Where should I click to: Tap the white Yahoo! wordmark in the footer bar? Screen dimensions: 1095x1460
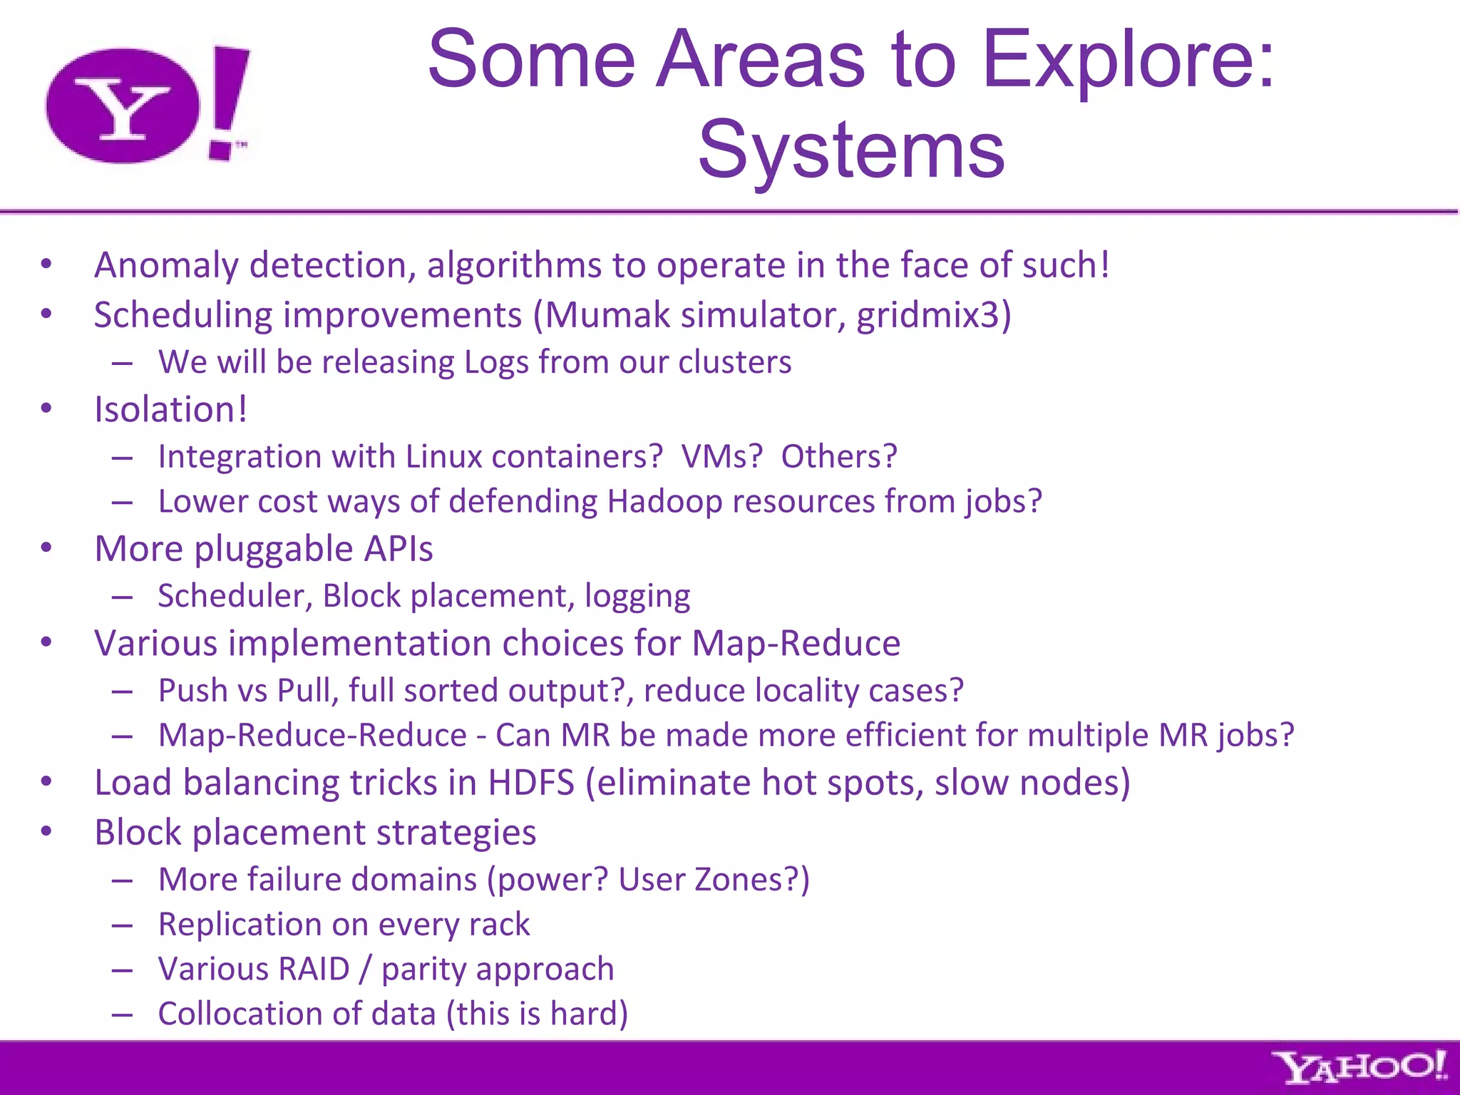pos(1360,1068)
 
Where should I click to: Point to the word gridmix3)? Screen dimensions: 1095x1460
pos(934,316)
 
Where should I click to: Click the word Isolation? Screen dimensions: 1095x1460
pos(171,410)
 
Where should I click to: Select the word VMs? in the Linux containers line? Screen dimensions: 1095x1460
pos(722,456)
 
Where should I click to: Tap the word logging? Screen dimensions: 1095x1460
pos(637,597)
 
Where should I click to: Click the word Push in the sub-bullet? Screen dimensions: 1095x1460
pos(187,690)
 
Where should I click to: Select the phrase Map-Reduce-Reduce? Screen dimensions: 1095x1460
pos(312,735)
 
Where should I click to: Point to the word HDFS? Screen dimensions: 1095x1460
pos(531,783)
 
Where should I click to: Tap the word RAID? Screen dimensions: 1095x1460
pos(314,969)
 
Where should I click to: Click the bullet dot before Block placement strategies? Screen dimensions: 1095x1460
pos(46,831)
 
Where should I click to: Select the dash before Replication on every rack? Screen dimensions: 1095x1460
pos(122,925)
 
